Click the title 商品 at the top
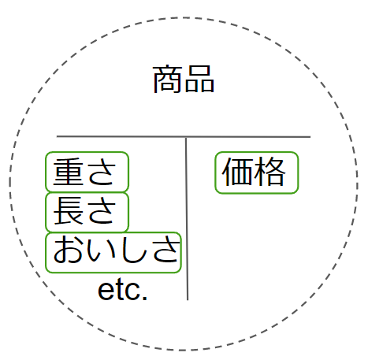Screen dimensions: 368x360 [x=184, y=79]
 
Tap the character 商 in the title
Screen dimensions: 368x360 [x=167, y=79]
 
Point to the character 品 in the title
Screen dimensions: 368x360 [x=199, y=79]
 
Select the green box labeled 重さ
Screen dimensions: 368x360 [x=87, y=172]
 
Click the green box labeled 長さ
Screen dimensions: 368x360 [x=87, y=212]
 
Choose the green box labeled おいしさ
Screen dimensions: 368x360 [x=113, y=253]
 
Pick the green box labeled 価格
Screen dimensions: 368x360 [x=257, y=173]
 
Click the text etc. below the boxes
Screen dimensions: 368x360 [x=122, y=291]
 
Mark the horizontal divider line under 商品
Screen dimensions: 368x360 [x=184, y=136]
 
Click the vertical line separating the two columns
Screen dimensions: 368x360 [x=187, y=218]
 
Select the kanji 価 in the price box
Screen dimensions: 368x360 [x=236, y=172]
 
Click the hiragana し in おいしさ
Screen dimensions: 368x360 [x=134, y=250]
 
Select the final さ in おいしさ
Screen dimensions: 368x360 [x=165, y=249]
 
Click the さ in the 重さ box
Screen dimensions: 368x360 [x=102, y=172]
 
